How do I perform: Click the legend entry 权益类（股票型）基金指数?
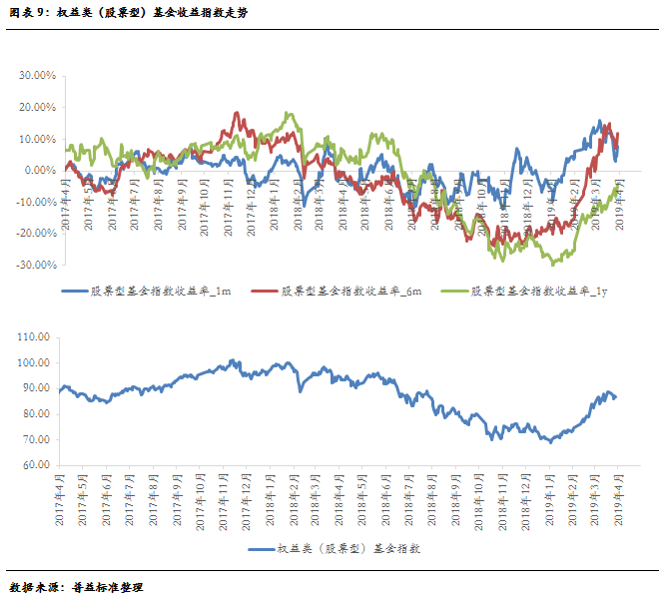(339, 549)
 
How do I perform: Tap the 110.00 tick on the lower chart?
(34, 337)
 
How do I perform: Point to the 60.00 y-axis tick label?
(36, 465)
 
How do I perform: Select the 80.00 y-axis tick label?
(36, 414)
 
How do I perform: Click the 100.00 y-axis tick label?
(34, 362)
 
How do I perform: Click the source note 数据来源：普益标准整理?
(76, 587)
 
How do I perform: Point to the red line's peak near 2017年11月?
(237, 113)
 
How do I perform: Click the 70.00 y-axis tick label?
(36, 439)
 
